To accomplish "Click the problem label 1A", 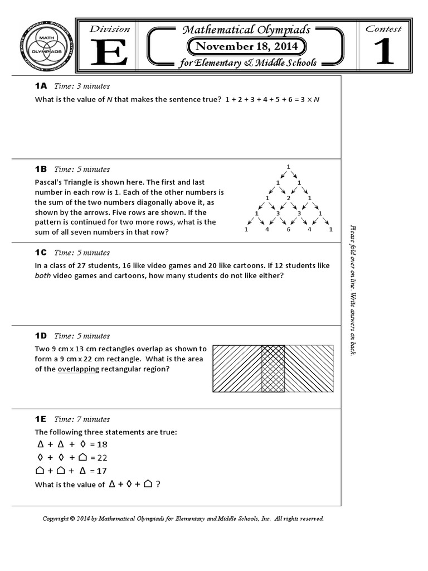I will (41, 86).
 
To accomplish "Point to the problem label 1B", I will (41, 169).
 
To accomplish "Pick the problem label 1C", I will (41, 252).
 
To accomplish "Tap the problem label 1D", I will (41, 336).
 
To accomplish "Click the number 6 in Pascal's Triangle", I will (289, 229).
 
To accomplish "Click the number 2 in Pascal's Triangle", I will (288, 198).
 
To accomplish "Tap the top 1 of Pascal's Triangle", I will (288, 167).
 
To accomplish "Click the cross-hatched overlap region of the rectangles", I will (273, 368).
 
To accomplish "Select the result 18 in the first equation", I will (101, 444).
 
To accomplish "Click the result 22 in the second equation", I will (102, 458).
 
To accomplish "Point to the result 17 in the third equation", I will (101, 471).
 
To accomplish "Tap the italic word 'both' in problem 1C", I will (42, 276).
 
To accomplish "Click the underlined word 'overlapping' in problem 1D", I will (79, 369).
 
